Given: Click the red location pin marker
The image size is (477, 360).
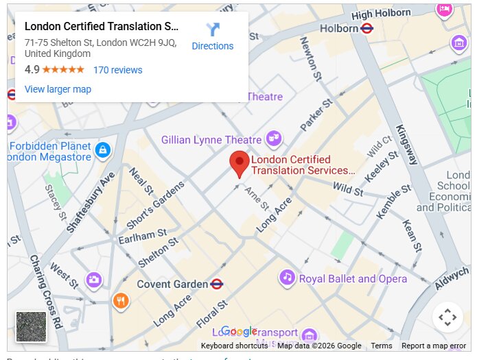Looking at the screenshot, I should point(240,164).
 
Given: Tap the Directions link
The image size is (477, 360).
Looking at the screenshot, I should point(212,46).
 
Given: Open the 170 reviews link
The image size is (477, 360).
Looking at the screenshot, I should point(117,70).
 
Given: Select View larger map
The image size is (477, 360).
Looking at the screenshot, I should point(58,89).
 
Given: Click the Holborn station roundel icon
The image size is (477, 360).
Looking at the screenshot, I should point(367,29).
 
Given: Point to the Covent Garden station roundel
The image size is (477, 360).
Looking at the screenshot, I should point(217,284).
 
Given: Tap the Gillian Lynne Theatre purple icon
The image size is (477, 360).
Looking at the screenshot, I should point(274,139).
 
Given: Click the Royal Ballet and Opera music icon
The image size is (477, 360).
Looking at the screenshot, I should point(287,278).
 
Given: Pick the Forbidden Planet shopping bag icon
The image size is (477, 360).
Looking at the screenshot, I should point(102,149).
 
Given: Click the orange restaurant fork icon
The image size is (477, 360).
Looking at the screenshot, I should point(120,300).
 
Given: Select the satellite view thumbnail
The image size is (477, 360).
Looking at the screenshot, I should point(31,326).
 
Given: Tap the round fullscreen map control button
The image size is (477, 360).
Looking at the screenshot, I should point(447,317).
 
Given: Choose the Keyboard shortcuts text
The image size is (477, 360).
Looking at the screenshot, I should point(234,346).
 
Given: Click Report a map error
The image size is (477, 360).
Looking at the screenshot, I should point(433,346).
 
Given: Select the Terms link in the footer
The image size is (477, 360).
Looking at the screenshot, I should point(381,346).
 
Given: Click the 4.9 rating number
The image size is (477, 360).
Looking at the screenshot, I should point(32,70).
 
